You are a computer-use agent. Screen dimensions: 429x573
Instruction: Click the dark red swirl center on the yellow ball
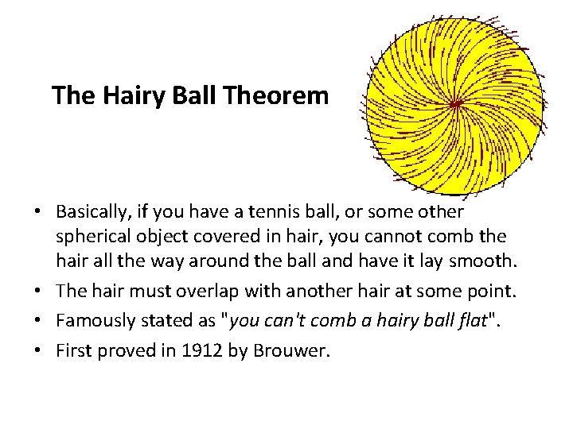tap(455, 104)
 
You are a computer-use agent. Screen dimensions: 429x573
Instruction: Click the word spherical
tap(92, 237)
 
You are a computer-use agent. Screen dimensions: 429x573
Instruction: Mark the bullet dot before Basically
tap(38, 213)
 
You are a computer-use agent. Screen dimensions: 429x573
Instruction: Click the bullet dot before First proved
tap(38, 350)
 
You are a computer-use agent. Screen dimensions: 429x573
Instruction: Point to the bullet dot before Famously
tap(38, 322)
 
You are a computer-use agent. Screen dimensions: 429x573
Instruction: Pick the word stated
tap(162, 322)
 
